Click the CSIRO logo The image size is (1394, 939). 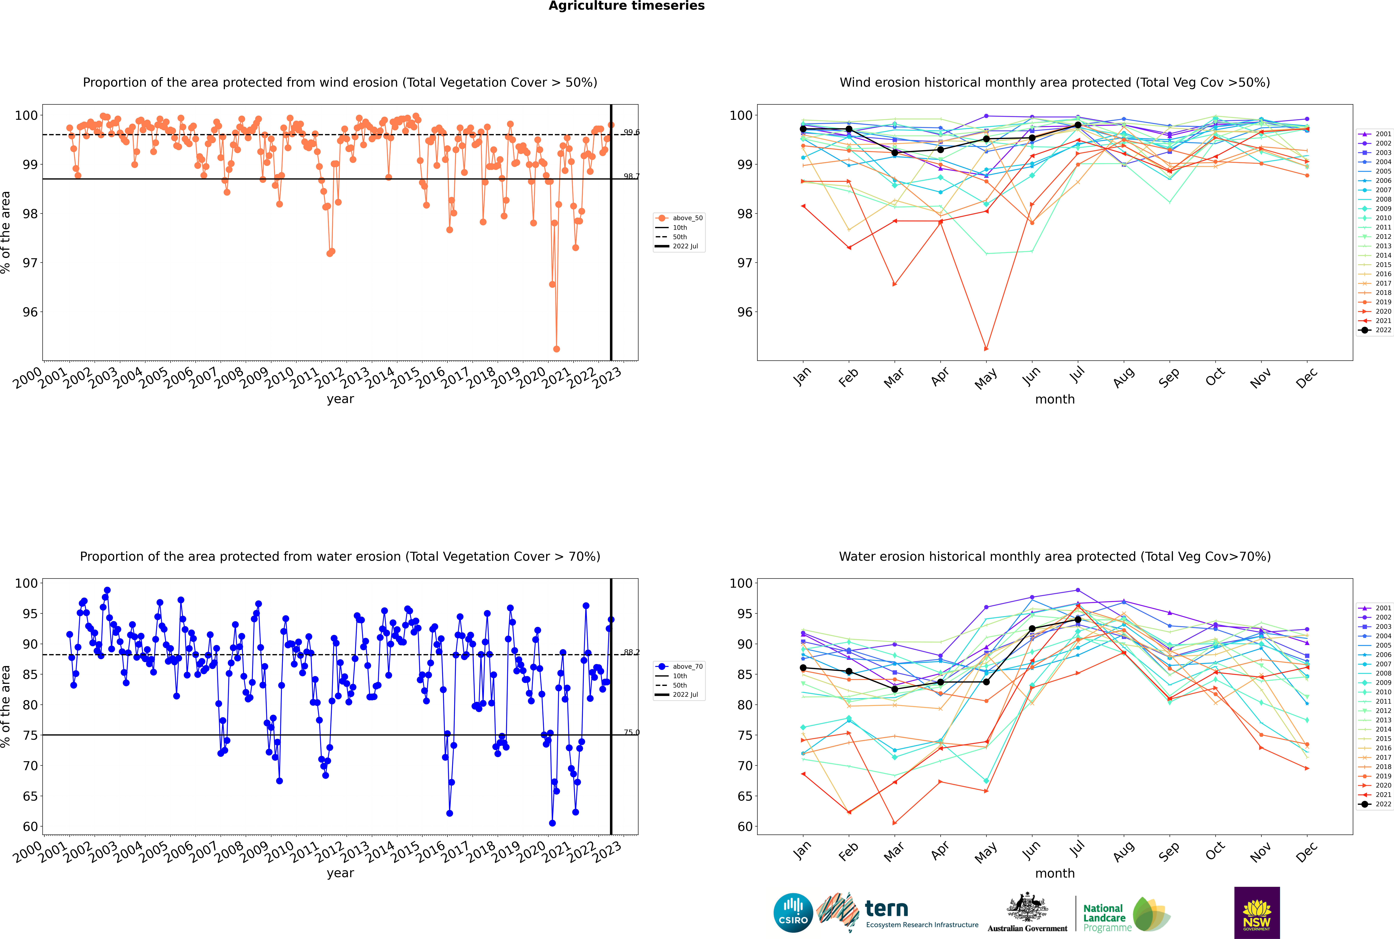tap(793, 913)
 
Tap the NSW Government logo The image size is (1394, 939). tap(1257, 912)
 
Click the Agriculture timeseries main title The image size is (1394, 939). tap(626, 6)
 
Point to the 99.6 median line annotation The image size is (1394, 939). tap(631, 132)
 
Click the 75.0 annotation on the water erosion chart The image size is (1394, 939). tap(631, 732)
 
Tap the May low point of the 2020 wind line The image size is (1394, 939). tap(986, 349)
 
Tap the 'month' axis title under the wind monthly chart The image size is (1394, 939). tap(1055, 399)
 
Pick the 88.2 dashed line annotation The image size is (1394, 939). tap(631, 652)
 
